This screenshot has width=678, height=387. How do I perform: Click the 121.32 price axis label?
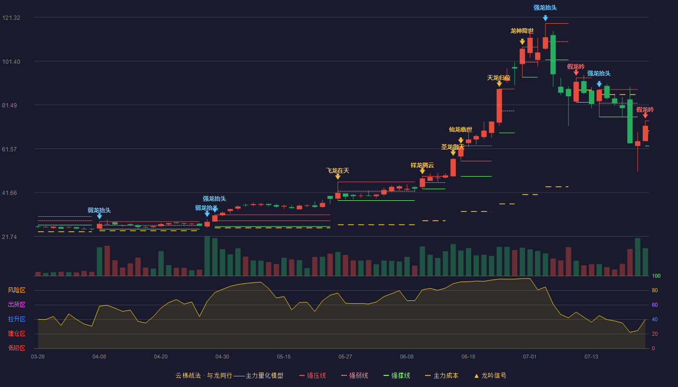(x=11, y=18)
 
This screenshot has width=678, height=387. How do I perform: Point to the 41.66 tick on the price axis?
(x=9, y=193)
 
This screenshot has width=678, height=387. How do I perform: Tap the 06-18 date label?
(x=468, y=357)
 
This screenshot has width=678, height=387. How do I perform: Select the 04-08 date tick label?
(x=99, y=357)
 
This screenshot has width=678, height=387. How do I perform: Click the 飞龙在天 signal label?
(x=338, y=171)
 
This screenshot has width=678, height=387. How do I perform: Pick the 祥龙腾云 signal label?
(x=422, y=165)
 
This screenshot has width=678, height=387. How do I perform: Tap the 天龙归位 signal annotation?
(x=498, y=78)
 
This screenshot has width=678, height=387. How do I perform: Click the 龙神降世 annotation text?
(x=522, y=31)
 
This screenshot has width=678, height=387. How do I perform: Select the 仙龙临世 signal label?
(x=461, y=130)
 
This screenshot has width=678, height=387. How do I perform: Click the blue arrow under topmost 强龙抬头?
(x=545, y=18)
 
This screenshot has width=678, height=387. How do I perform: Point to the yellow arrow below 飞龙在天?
(x=338, y=177)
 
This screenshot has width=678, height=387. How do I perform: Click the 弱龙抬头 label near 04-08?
(x=99, y=210)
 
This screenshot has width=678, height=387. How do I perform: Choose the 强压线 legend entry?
(x=312, y=375)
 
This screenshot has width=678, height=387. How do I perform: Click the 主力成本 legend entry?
(x=442, y=375)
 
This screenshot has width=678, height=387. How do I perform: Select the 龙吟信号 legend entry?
(x=490, y=375)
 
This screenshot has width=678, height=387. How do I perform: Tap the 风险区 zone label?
(x=16, y=290)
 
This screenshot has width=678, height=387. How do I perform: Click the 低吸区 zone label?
(x=16, y=348)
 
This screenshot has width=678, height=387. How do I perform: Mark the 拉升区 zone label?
(x=16, y=319)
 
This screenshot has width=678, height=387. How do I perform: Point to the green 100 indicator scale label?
(x=656, y=276)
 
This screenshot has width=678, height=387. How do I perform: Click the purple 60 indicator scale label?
(x=655, y=305)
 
